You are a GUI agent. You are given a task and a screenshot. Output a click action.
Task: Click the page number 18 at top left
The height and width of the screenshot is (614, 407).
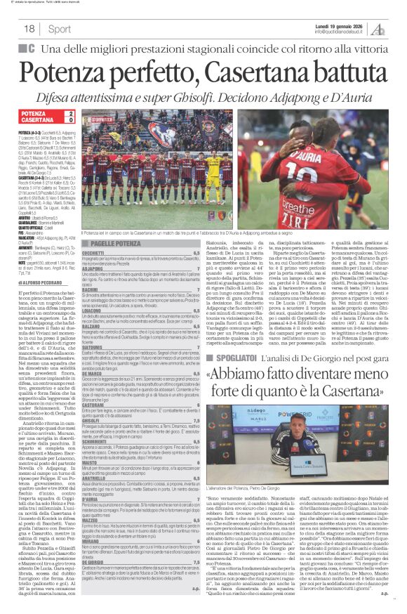click(x=29, y=29)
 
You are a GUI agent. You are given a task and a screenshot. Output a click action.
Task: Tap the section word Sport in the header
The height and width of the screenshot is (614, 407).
click(x=60, y=29)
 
